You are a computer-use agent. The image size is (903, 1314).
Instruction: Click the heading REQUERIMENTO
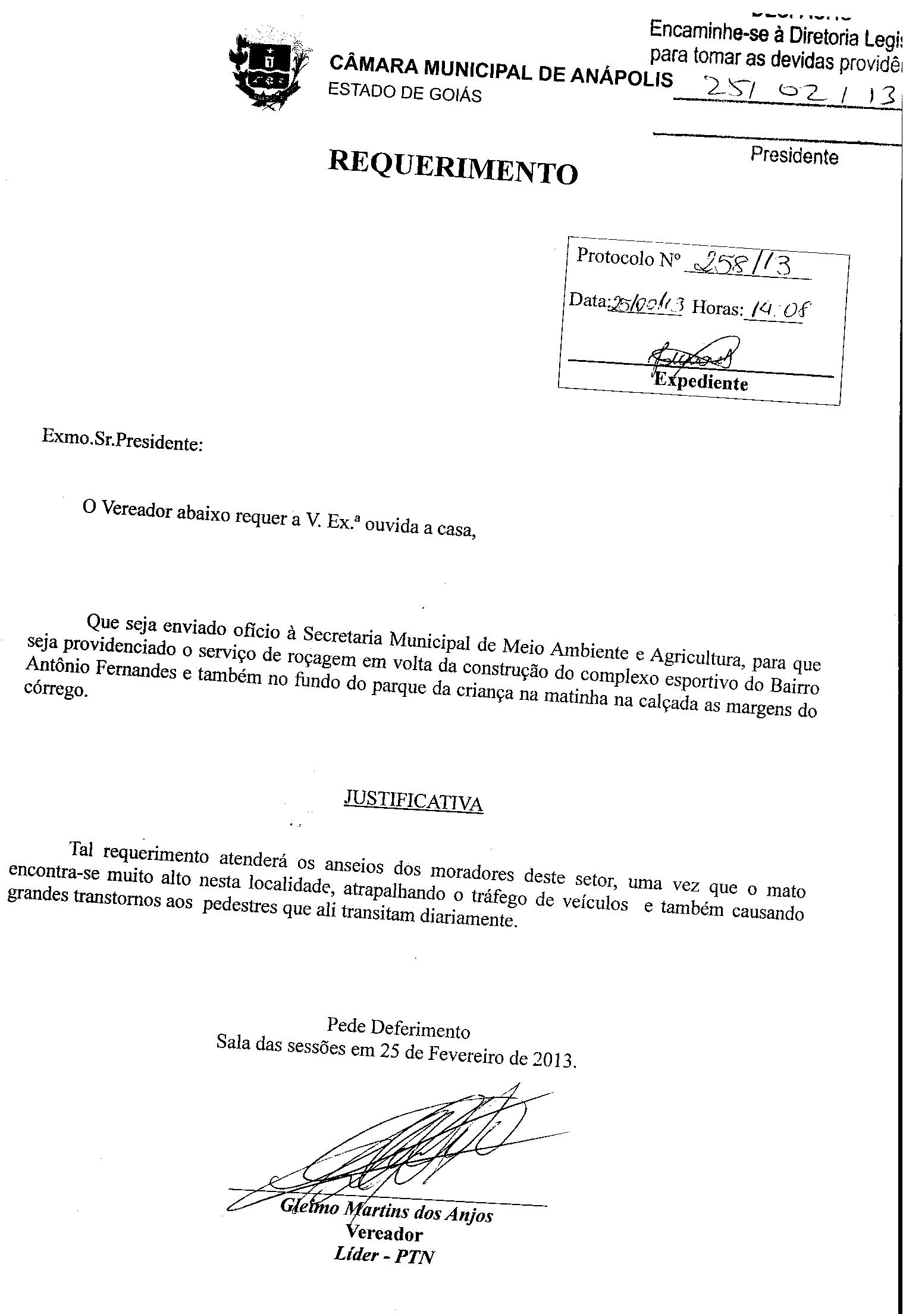click(453, 167)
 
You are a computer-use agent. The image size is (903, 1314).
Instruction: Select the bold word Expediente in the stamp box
click(701, 382)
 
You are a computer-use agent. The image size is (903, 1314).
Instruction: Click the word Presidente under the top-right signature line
click(794, 156)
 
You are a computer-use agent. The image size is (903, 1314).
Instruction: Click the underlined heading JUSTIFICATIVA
click(413, 802)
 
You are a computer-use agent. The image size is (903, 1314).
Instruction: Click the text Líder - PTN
click(384, 1256)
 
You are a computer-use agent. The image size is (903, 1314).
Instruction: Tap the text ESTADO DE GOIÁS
click(405, 92)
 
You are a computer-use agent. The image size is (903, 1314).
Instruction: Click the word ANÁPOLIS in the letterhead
click(622, 76)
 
